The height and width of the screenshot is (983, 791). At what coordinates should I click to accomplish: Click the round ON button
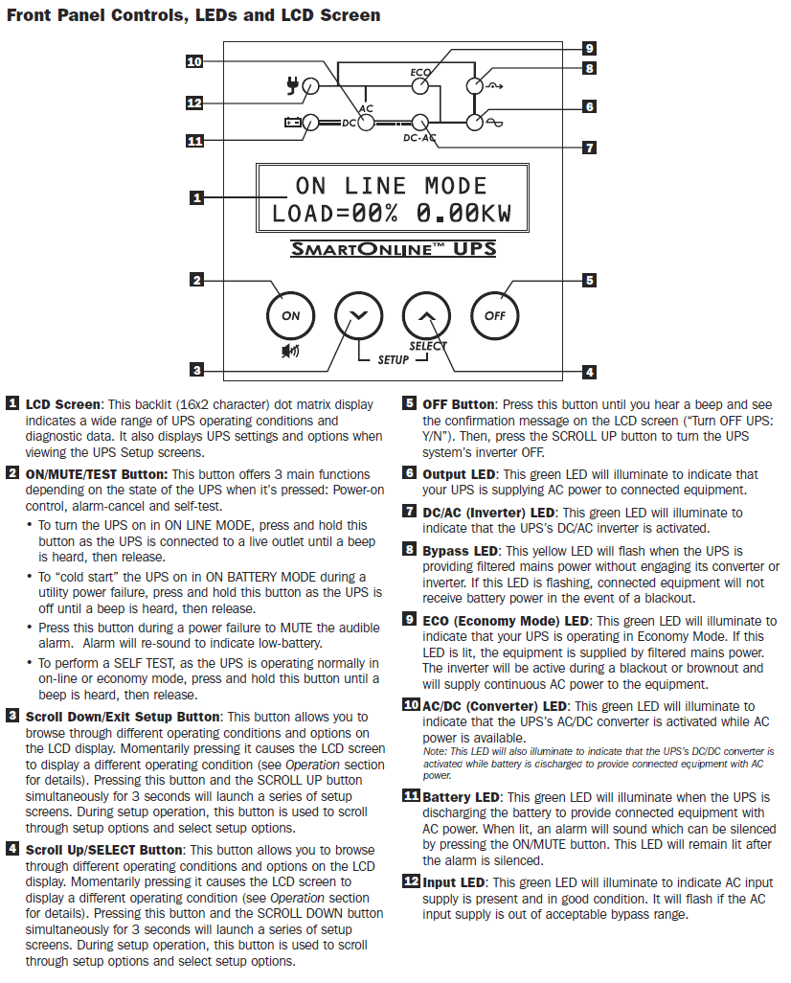point(290,315)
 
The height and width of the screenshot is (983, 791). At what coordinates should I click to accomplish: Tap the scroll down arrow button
point(357,315)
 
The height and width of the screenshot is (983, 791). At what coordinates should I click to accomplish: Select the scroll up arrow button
point(426,315)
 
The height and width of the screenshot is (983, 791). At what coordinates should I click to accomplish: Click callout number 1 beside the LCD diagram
point(196,198)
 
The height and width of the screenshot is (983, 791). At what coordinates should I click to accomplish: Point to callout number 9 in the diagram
point(590,48)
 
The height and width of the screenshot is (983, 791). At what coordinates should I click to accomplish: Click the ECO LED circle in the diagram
point(420,86)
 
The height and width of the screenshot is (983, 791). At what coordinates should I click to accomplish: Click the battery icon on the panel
point(292,123)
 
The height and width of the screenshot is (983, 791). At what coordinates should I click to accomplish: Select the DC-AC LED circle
point(420,122)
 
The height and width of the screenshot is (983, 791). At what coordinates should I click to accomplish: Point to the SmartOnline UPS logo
point(394,250)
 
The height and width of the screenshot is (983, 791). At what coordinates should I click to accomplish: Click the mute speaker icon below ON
point(290,351)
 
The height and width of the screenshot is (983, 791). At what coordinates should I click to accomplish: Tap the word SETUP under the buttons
point(393,359)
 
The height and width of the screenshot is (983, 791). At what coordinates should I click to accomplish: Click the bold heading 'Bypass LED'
point(461,551)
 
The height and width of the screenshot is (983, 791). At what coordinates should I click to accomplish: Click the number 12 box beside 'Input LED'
point(410,882)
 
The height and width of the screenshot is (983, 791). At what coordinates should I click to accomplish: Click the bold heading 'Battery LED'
point(462,797)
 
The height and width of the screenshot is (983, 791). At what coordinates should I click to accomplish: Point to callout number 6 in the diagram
point(590,107)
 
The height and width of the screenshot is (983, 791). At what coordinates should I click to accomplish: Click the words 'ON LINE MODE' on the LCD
point(391,186)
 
